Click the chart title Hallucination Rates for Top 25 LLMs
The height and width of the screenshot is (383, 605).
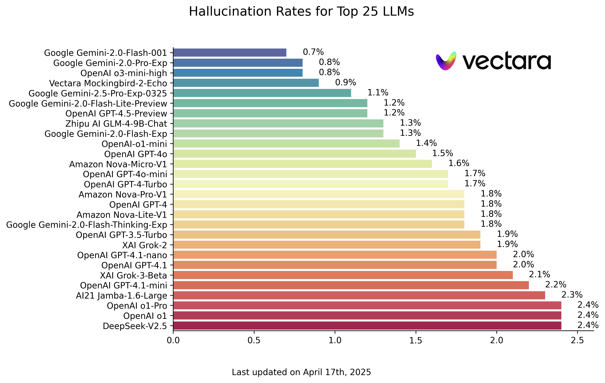coord(301,12)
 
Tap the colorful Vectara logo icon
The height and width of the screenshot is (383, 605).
coord(446,61)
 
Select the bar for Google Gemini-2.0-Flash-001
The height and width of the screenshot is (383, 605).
coord(230,53)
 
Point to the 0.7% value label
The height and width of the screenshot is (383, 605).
coord(313,52)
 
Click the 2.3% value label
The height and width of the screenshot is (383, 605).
coord(572,295)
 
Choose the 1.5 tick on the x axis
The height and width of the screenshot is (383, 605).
coord(416,340)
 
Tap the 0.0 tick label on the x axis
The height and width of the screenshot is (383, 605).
coord(173,340)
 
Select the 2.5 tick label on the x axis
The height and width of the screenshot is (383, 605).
coord(577,340)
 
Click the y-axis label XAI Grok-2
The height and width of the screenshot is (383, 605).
coord(145,245)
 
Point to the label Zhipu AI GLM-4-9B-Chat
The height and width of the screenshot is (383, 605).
coord(116,124)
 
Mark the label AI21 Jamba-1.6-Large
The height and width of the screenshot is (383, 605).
coord(121,296)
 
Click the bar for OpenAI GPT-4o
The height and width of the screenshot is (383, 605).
coord(294,154)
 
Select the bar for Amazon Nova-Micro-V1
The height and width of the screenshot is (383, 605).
coord(302,164)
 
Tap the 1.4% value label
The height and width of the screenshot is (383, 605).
coord(426,143)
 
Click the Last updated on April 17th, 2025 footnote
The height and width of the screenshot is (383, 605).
coord(301,372)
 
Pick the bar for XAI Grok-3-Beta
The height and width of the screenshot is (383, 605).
coord(343,275)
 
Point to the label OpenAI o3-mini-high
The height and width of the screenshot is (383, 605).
coord(124,73)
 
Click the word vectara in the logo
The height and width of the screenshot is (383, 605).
coord(507,61)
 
